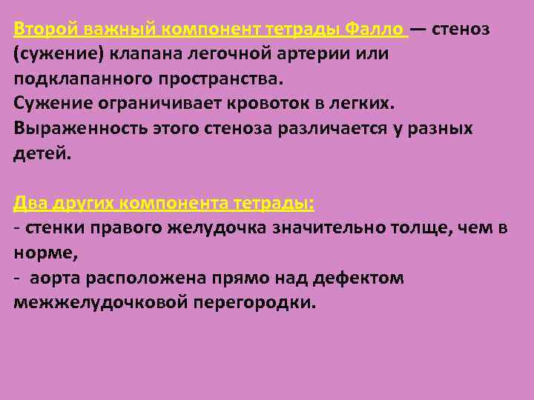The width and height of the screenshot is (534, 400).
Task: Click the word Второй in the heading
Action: point(45,30)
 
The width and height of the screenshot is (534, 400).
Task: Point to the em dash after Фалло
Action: point(418,30)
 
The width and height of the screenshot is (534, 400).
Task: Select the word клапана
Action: point(119,54)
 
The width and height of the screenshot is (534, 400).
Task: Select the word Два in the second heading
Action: point(30,204)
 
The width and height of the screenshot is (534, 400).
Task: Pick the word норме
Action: point(42,252)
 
